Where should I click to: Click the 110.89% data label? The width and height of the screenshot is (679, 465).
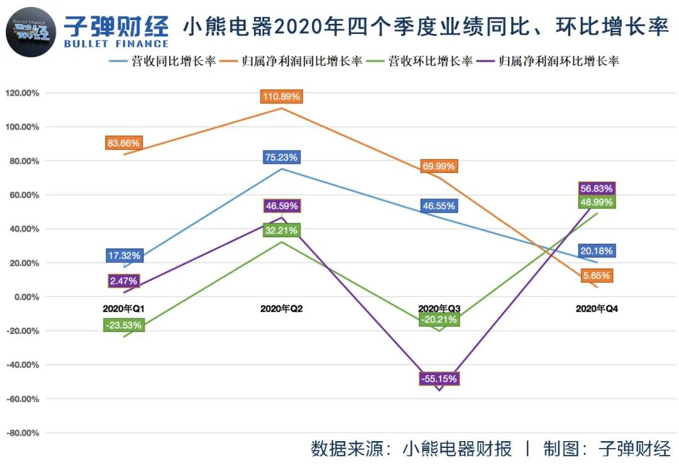click(x=281, y=96)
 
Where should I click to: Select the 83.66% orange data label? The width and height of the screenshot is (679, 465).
click(x=124, y=143)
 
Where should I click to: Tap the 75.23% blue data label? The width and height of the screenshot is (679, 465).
click(x=281, y=157)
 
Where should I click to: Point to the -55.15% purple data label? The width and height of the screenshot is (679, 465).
click(x=439, y=379)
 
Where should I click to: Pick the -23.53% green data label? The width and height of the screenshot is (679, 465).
click(x=124, y=325)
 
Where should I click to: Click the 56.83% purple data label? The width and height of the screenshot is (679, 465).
click(x=597, y=188)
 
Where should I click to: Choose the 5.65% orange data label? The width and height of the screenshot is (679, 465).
click(x=597, y=276)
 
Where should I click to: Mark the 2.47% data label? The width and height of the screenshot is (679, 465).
click(x=124, y=281)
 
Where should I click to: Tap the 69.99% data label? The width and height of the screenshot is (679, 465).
click(x=439, y=166)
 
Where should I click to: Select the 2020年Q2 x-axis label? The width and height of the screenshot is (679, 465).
click(x=281, y=309)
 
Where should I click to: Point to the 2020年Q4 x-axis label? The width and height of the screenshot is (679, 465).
click(x=597, y=309)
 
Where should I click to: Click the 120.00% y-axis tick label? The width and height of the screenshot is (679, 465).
click(x=22, y=93)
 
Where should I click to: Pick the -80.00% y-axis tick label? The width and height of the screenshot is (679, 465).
click(x=22, y=433)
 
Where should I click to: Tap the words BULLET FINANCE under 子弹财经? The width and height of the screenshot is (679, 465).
click(x=116, y=44)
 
